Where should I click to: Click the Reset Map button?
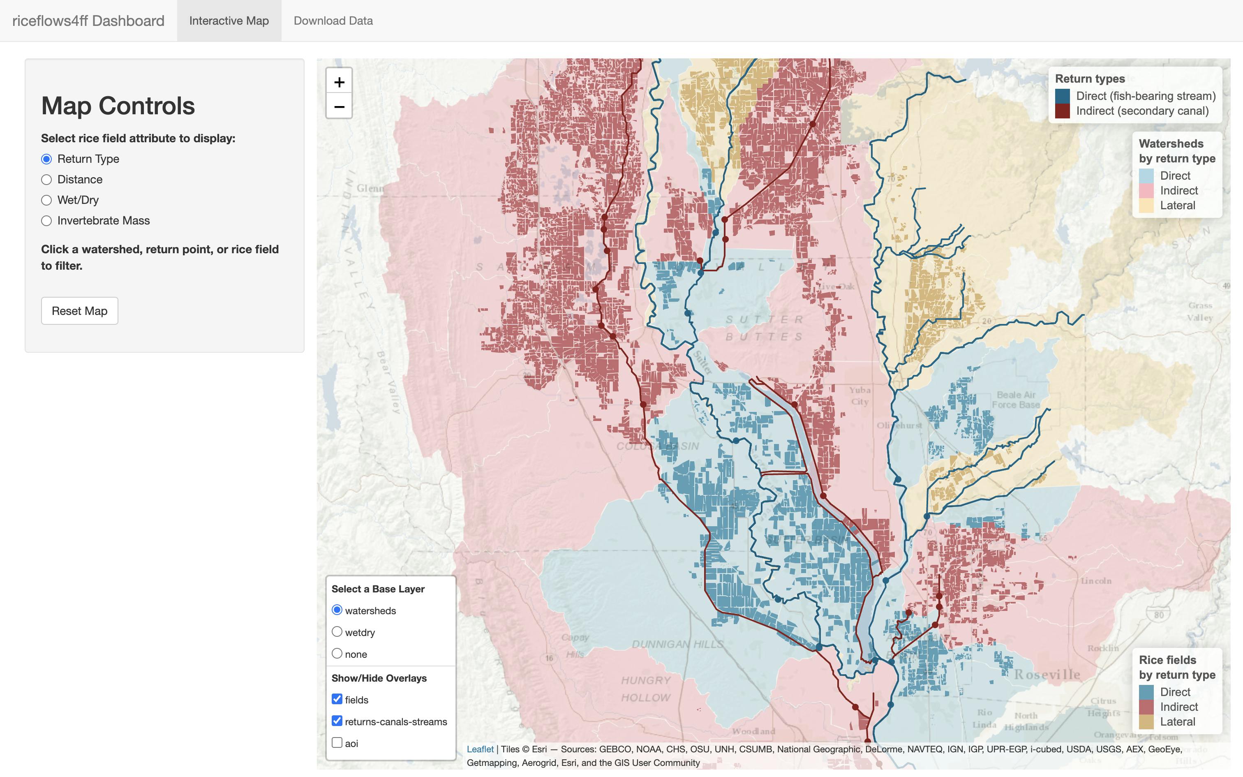(x=80, y=310)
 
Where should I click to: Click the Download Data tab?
(x=333, y=21)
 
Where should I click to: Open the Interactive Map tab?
(x=229, y=21)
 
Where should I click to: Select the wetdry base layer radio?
(x=337, y=631)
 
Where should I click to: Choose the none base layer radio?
(x=337, y=653)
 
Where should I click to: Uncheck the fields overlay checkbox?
(x=337, y=699)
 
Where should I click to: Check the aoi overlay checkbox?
(x=337, y=742)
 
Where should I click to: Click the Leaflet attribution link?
(x=480, y=749)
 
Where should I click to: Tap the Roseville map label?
(x=1047, y=674)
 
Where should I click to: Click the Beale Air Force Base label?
(x=1015, y=400)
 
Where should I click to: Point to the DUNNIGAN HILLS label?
(x=677, y=644)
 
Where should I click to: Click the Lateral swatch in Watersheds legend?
(x=1146, y=206)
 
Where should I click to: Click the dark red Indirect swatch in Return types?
(x=1062, y=111)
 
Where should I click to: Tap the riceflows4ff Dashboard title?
(x=88, y=21)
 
